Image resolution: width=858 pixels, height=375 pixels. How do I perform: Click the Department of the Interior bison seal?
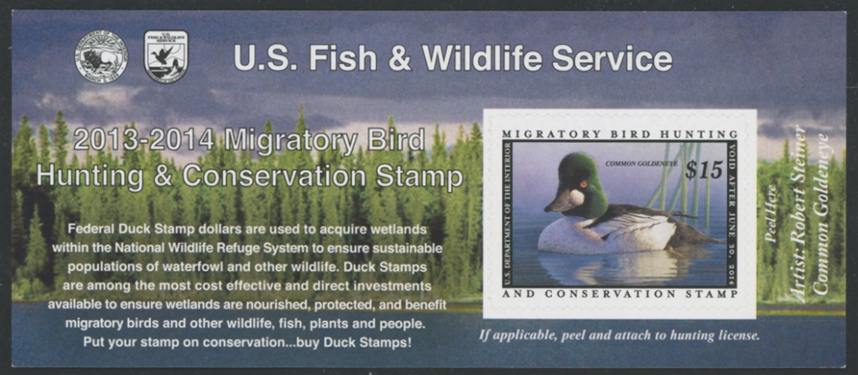click(101, 57)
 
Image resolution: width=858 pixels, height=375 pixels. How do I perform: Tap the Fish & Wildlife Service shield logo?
click(166, 57)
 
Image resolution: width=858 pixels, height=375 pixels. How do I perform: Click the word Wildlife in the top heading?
click(482, 58)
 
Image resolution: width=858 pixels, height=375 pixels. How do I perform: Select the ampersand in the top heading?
click(400, 58)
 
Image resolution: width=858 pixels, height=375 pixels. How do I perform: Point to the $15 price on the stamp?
click(704, 170)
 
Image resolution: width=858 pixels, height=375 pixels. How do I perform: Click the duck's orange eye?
click(583, 184)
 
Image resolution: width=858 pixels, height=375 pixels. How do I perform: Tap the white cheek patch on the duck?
click(576, 197)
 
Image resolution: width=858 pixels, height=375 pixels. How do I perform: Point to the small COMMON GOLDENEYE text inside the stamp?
click(641, 164)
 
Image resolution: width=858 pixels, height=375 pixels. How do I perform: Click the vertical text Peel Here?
click(771, 214)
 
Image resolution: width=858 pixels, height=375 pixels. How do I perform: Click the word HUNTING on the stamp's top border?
click(698, 134)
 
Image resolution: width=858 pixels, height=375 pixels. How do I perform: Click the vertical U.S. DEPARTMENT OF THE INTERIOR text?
click(508, 215)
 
